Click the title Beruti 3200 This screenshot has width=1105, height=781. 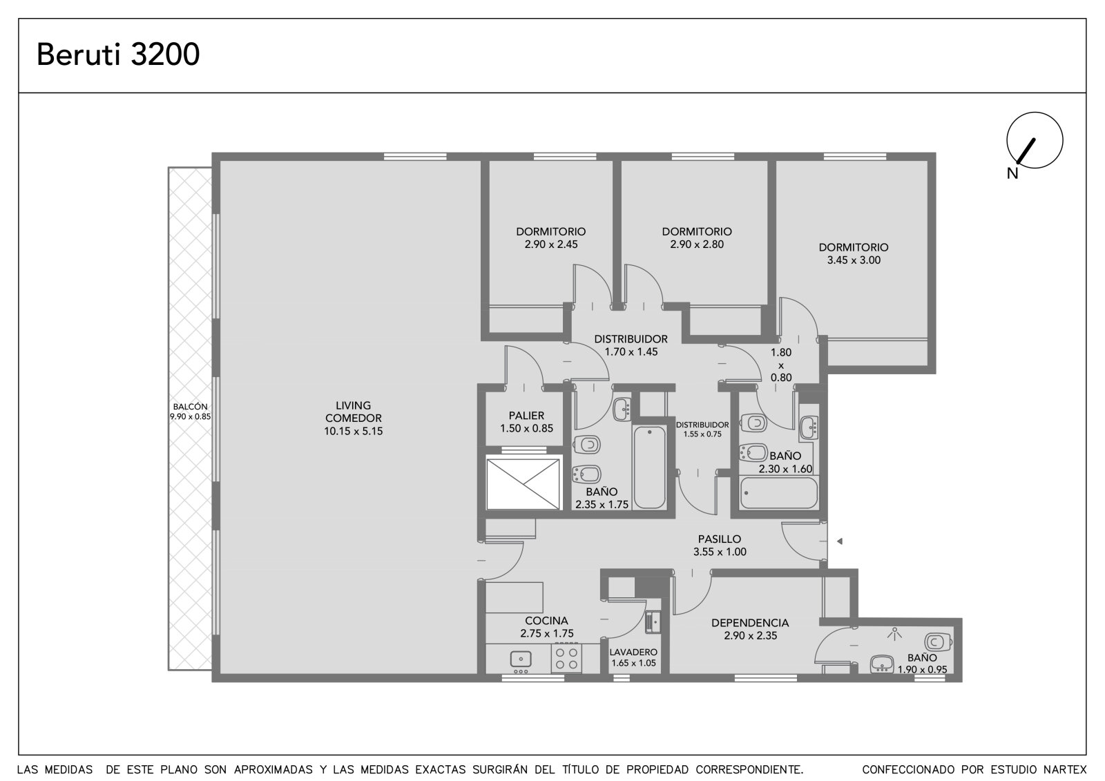[118, 55]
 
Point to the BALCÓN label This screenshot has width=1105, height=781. [190, 407]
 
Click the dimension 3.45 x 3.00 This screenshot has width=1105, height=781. [854, 260]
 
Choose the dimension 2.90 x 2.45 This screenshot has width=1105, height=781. [551, 244]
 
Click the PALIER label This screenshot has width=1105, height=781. [526, 416]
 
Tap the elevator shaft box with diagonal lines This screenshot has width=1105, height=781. [523, 484]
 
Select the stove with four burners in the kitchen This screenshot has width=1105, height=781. [566, 658]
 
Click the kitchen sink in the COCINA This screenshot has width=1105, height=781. [521, 659]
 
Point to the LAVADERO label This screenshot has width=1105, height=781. [633, 653]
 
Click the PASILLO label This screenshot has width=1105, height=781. [719, 539]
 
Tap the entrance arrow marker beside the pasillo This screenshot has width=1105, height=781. [839, 541]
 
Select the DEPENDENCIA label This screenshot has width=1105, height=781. [750, 623]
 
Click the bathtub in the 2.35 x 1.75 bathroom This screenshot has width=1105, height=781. [649, 467]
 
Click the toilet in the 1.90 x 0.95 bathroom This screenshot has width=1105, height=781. [938, 642]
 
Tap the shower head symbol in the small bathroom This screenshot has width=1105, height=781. [894, 633]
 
